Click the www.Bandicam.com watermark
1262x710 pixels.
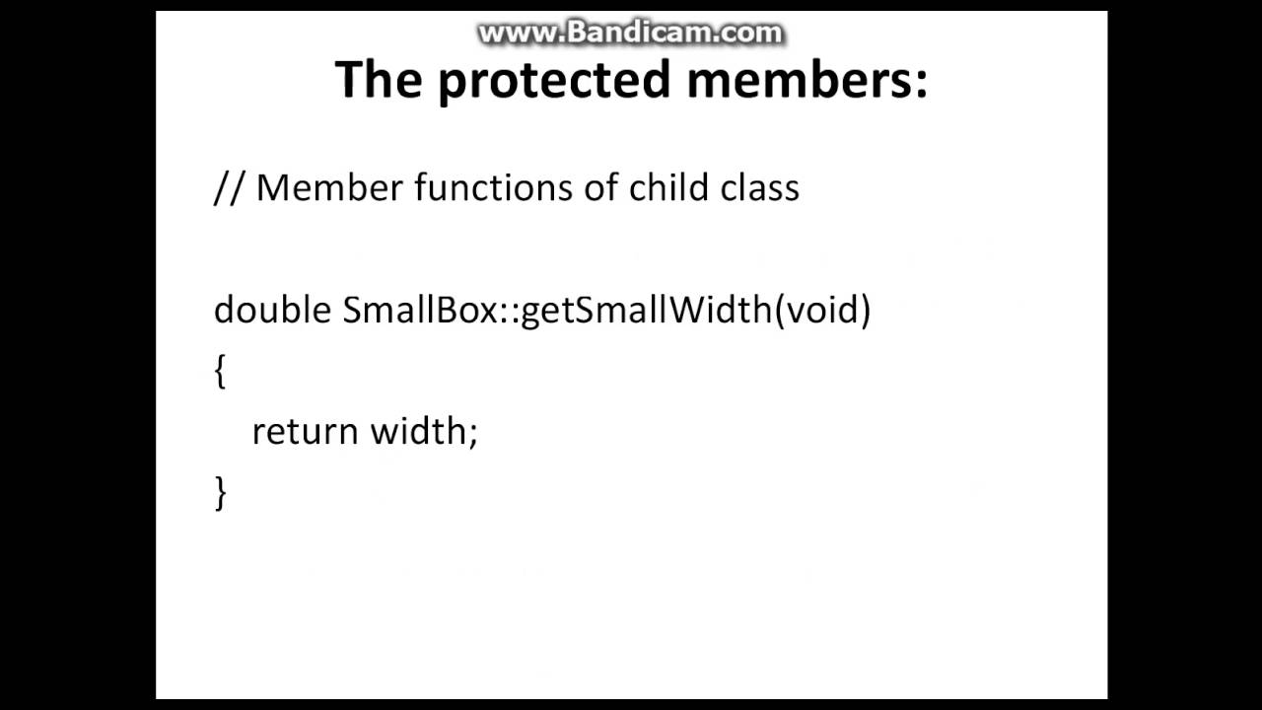[x=630, y=33]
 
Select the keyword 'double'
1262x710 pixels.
[x=272, y=310]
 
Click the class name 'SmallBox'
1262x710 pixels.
[x=420, y=310]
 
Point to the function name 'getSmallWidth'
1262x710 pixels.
[x=646, y=310]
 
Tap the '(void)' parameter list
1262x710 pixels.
[x=822, y=310]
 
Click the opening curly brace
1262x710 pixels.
[x=220, y=372]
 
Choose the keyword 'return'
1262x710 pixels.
[x=305, y=431]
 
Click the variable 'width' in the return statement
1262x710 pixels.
[x=418, y=431]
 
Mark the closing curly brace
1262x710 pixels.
[x=220, y=492]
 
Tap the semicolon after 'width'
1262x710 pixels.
[x=473, y=434]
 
